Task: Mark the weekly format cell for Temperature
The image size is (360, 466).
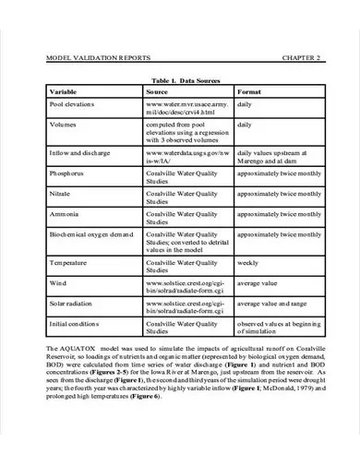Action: pos(249,263)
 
